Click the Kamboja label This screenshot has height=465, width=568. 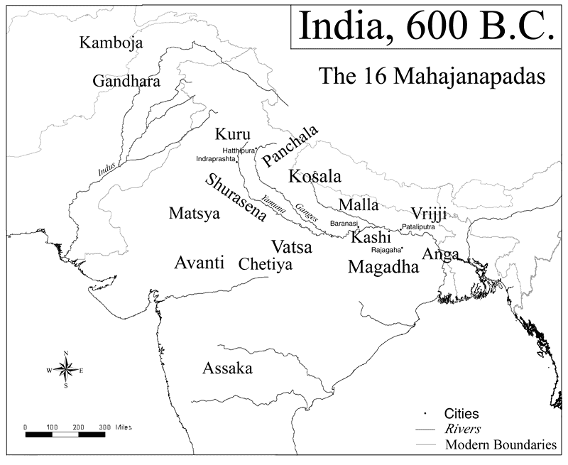pos(111,43)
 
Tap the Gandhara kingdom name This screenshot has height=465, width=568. pos(126,80)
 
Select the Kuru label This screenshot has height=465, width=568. pos(232,133)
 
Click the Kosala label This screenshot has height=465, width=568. pos(315,176)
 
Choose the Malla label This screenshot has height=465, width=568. pos(359,204)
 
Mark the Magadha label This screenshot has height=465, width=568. pos(383,267)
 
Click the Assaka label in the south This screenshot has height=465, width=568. pos(227,368)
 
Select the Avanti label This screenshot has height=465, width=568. pos(199,263)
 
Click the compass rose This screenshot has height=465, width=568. pos(65,370)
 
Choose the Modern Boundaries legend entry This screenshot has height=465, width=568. pos(501,445)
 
